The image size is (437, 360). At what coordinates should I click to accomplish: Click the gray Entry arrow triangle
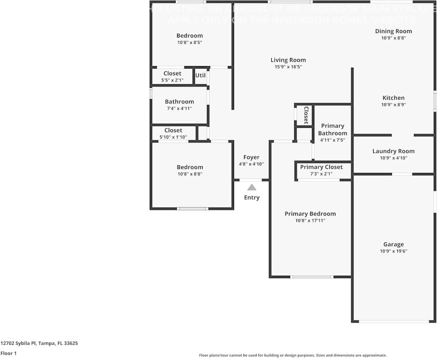click(251, 187)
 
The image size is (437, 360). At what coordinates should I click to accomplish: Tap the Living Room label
click(288, 60)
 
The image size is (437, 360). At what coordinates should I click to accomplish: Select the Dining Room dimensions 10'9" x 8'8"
click(393, 38)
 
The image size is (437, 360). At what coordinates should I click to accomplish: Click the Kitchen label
click(393, 98)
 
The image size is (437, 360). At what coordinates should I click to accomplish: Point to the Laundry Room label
click(393, 151)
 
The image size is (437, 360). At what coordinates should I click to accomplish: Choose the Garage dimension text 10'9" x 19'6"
click(393, 251)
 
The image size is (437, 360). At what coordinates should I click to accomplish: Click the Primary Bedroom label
click(310, 214)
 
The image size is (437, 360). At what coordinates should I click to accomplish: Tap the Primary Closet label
click(321, 167)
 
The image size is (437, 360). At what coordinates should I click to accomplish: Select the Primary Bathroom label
click(332, 129)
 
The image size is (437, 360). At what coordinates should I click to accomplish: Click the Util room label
click(201, 75)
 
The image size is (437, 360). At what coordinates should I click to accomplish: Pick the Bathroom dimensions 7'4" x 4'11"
click(179, 108)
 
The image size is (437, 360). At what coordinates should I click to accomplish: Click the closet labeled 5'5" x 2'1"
click(172, 73)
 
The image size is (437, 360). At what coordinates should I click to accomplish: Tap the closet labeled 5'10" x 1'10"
click(173, 130)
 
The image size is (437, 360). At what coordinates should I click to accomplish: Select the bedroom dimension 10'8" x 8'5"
click(190, 42)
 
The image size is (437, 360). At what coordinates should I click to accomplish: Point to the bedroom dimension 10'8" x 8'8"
click(190, 174)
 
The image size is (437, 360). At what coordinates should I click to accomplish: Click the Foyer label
click(251, 157)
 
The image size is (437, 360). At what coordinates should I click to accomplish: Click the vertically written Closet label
click(306, 115)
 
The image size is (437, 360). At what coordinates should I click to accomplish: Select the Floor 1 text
click(8, 354)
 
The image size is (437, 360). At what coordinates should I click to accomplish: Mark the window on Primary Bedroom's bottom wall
click(312, 277)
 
